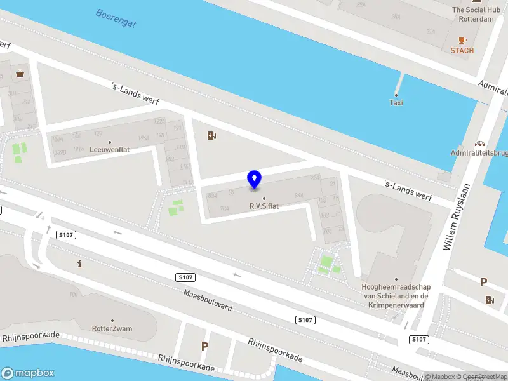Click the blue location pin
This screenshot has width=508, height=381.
254,180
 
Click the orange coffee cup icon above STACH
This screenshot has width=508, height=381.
462,38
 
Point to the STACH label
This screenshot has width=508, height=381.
462,50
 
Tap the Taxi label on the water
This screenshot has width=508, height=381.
396,102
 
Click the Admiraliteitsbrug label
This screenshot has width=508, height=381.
479,153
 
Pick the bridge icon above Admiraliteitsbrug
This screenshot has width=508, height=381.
479,144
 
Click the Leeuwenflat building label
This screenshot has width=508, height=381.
110,150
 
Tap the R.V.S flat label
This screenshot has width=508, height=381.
264,206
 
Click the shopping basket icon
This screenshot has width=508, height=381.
20,74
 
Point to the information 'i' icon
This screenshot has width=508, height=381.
79,264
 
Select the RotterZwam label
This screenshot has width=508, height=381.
112,328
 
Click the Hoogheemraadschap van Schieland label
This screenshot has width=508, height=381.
396,291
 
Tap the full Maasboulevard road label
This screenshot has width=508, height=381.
208,300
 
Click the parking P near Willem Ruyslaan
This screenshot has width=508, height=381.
483,283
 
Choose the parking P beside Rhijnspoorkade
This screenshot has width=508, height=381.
204,346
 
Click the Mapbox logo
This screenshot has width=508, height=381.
28,373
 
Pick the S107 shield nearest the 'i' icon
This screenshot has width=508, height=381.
66,235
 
